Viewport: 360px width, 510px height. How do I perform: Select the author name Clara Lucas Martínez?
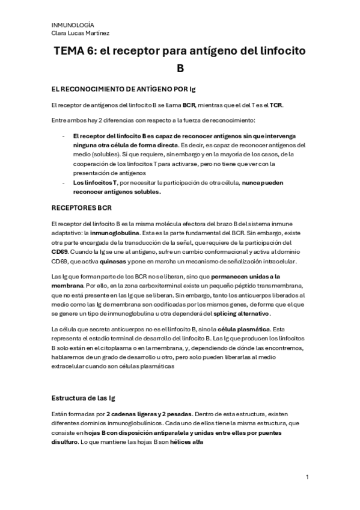(81, 34)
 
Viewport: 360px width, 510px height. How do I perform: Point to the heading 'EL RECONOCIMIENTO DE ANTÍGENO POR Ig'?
(123, 89)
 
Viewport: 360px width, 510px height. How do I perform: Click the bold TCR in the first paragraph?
(276, 105)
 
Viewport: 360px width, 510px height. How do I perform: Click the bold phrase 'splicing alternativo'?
(241, 314)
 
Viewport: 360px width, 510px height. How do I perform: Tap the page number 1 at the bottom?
(307, 478)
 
